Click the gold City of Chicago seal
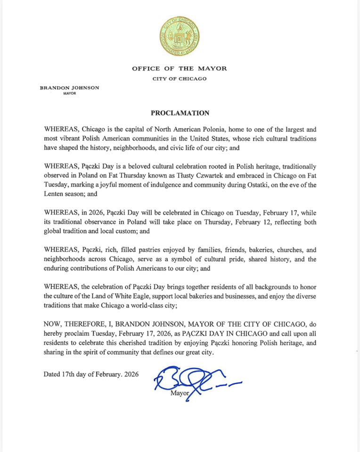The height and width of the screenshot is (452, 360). click(180, 35)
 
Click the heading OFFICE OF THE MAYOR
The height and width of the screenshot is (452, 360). click(180, 68)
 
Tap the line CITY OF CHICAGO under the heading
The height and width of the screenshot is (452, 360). click(180, 79)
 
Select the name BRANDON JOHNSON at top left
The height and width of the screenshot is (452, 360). click(70, 88)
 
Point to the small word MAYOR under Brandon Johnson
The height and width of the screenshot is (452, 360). click(69, 94)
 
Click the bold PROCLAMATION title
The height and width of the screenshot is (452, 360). click(180, 113)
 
